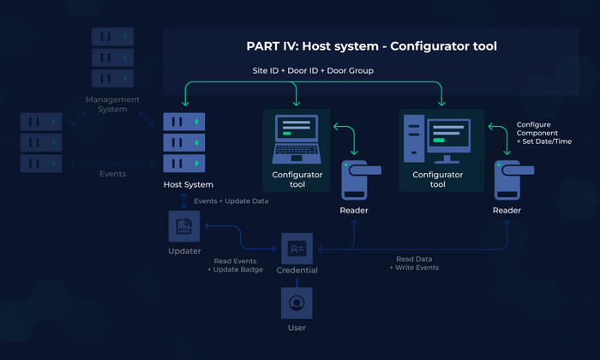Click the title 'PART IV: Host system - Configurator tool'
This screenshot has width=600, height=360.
pyautogui.click(x=371, y=46)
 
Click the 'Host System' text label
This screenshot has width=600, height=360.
pyautogui.click(x=188, y=184)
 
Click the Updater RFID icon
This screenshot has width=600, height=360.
pyautogui.click(x=184, y=227)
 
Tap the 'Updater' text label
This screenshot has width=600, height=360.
pyautogui.click(x=184, y=251)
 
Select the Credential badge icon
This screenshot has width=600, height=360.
pyautogui.click(x=297, y=248)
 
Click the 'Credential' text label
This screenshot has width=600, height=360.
pyautogui.click(x=297, y=270)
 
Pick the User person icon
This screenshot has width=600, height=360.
pyautogui.click(x=297, y=303)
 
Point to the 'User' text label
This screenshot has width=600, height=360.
pyautogui.click(x=297, y=327)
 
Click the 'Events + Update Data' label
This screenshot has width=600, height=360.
pyautogui.click(x=231, y=201)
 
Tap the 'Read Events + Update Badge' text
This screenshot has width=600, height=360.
pyautogui.click(x=235, y=265)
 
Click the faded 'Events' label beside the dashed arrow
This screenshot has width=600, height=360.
pyautogui.click(x=111, y=174)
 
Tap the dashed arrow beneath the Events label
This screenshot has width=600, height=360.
pyautogui.click(x=111, y=162)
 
